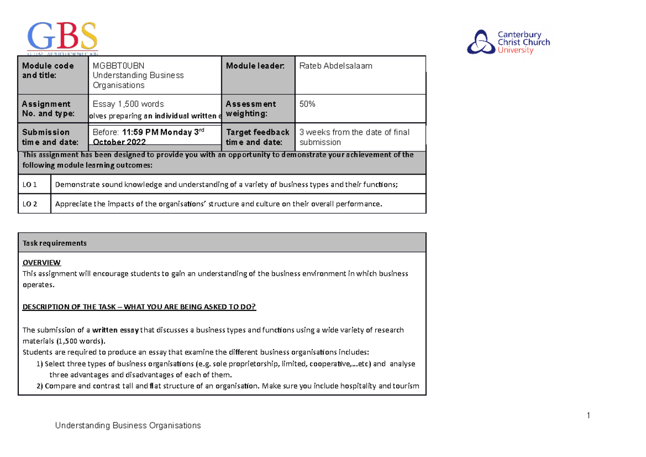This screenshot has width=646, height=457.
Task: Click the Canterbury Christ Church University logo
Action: [x=508, y=42]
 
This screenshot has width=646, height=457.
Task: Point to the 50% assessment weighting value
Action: [x=307, y=104]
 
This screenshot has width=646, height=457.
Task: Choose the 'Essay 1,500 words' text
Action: [x=128, y=104]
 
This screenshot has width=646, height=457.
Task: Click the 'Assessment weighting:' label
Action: [x=251, y=109]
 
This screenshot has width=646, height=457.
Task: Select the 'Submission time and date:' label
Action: [x=46, y=137]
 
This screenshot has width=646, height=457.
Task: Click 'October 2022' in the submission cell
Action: [x=118, y=142]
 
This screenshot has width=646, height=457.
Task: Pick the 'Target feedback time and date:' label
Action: [x=257, y=137]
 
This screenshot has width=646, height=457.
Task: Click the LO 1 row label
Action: [x=30, y=185]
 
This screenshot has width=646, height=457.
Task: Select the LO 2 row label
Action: [x=30, y=204]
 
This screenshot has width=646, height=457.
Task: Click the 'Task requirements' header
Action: [x=54, y=243]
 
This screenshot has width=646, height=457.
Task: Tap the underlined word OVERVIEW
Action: [x=41, y=262]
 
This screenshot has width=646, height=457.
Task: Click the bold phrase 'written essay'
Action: [x=115, y=330]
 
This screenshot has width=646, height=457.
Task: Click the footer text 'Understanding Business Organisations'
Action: [x=128, y=426]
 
